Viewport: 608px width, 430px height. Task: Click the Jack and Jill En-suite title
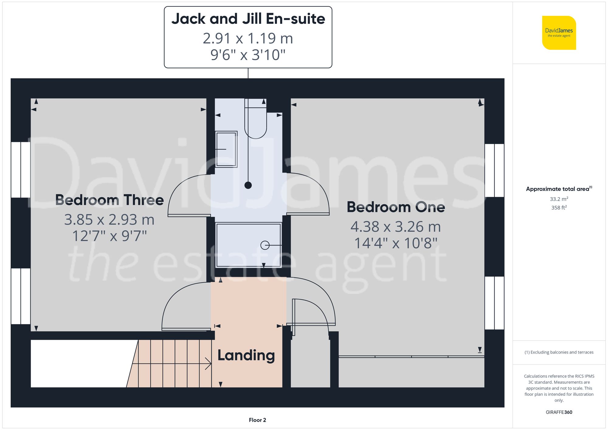(x=248, y=19)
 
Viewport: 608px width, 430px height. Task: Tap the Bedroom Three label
(x=109, y=200)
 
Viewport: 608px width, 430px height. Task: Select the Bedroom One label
(x=396, y=207)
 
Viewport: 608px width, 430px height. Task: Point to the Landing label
(x=246, y=355)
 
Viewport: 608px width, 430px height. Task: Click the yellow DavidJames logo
(x=559, y=33)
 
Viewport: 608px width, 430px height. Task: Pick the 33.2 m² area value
(x=559, y=199)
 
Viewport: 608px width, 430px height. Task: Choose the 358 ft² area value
(x=559, y=208)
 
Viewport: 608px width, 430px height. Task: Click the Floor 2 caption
(x=257, y=420)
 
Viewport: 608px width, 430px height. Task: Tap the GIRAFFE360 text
(x=559, y=412)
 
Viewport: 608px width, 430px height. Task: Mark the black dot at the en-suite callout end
(x=248, y=185)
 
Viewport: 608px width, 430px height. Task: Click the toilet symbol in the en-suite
(x=256, y=122)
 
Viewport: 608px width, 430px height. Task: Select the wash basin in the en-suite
(x=226, y=149)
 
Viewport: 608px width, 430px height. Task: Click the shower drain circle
(x=265, y=245)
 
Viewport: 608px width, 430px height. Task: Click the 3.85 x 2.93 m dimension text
(x=109, y=220)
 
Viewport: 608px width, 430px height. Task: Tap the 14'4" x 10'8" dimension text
(x=396, y=243)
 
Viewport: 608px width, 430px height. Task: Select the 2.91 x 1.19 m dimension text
(x=248, y=39)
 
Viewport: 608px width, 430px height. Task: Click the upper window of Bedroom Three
(x=21, y=170)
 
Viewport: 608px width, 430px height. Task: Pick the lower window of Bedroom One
(x=494, y=303)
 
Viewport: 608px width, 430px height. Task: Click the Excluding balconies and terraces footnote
(x=559, y=352)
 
